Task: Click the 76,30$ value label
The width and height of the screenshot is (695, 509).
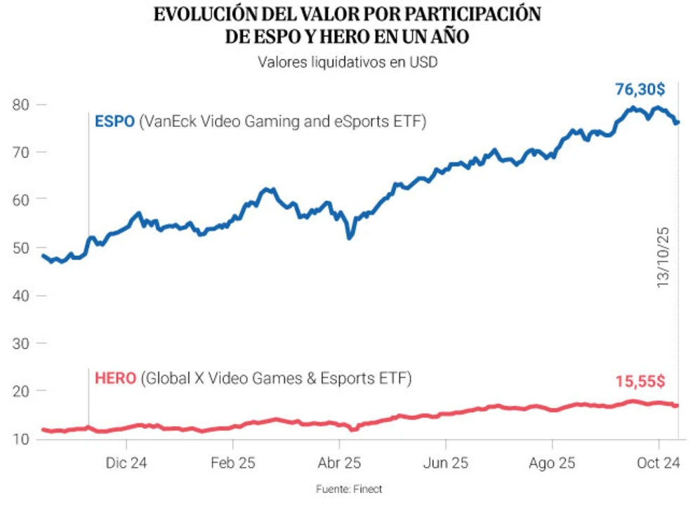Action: [x=640, y=90]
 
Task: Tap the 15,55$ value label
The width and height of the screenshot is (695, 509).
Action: [x=639, y=381]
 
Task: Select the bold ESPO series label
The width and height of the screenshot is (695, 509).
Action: [x=114, y=121]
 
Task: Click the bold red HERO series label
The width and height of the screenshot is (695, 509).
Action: [x=114, y=379]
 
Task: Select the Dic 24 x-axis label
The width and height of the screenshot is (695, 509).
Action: [x=126, y=463]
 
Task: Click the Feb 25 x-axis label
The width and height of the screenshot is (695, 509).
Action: [x=233, y=463]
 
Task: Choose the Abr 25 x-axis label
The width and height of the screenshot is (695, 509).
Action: [x=339, y=463]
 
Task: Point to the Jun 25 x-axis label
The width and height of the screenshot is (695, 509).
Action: [x=445, y=463]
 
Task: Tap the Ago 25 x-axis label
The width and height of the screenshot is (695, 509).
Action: [x=552, y=463]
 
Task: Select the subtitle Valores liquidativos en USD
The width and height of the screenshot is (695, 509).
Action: [x=347, y=62]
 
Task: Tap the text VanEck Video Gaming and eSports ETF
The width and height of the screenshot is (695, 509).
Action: [x=282, y=121]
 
